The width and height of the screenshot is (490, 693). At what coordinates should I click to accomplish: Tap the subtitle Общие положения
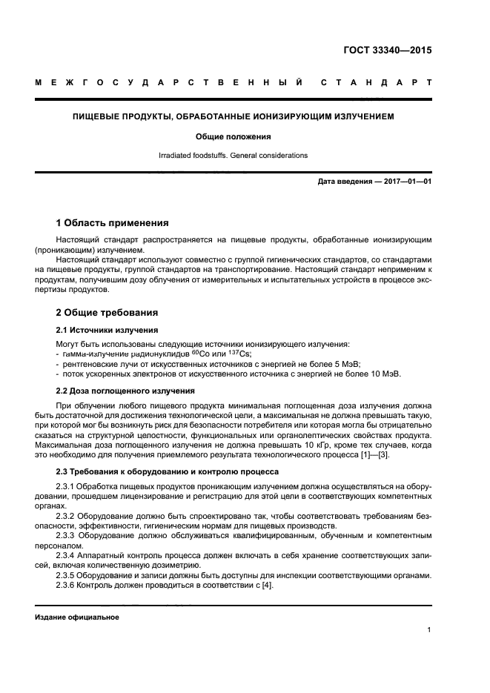[x=234, y=136]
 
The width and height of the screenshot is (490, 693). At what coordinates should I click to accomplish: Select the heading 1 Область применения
[x=112, y=222]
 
